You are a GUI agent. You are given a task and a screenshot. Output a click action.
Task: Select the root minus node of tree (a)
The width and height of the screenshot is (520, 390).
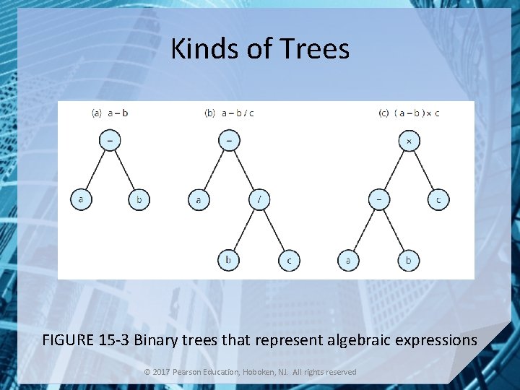(x=110, y=141)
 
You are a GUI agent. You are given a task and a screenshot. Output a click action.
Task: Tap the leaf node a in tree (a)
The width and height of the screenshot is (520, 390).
(x=80, y=199)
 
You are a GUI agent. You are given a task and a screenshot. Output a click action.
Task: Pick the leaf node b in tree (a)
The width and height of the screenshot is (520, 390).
(x=139, y=199)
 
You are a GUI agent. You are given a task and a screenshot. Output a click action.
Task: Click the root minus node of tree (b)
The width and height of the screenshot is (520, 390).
(x=228, y=141)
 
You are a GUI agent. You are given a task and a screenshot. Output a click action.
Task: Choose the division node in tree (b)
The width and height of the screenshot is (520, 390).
(x=259, y=199)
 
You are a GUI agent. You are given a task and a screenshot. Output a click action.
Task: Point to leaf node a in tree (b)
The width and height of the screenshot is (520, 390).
(x=198, y=199)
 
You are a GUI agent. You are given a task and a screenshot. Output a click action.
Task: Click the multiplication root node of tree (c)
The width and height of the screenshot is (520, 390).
(x=409, y=141)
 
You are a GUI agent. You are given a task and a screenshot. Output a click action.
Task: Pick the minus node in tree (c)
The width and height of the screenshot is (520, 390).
(x=378, y=199)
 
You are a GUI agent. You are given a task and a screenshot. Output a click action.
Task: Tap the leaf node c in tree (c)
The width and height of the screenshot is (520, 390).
(x=438, y=199)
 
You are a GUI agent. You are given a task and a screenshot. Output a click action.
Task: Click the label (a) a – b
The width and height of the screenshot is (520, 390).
(x=110, y=113)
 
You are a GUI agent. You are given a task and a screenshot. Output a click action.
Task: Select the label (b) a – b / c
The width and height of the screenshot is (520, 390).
(x=230, y=113)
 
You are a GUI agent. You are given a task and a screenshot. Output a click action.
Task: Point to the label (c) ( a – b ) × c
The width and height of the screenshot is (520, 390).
(x=409, y=113)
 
